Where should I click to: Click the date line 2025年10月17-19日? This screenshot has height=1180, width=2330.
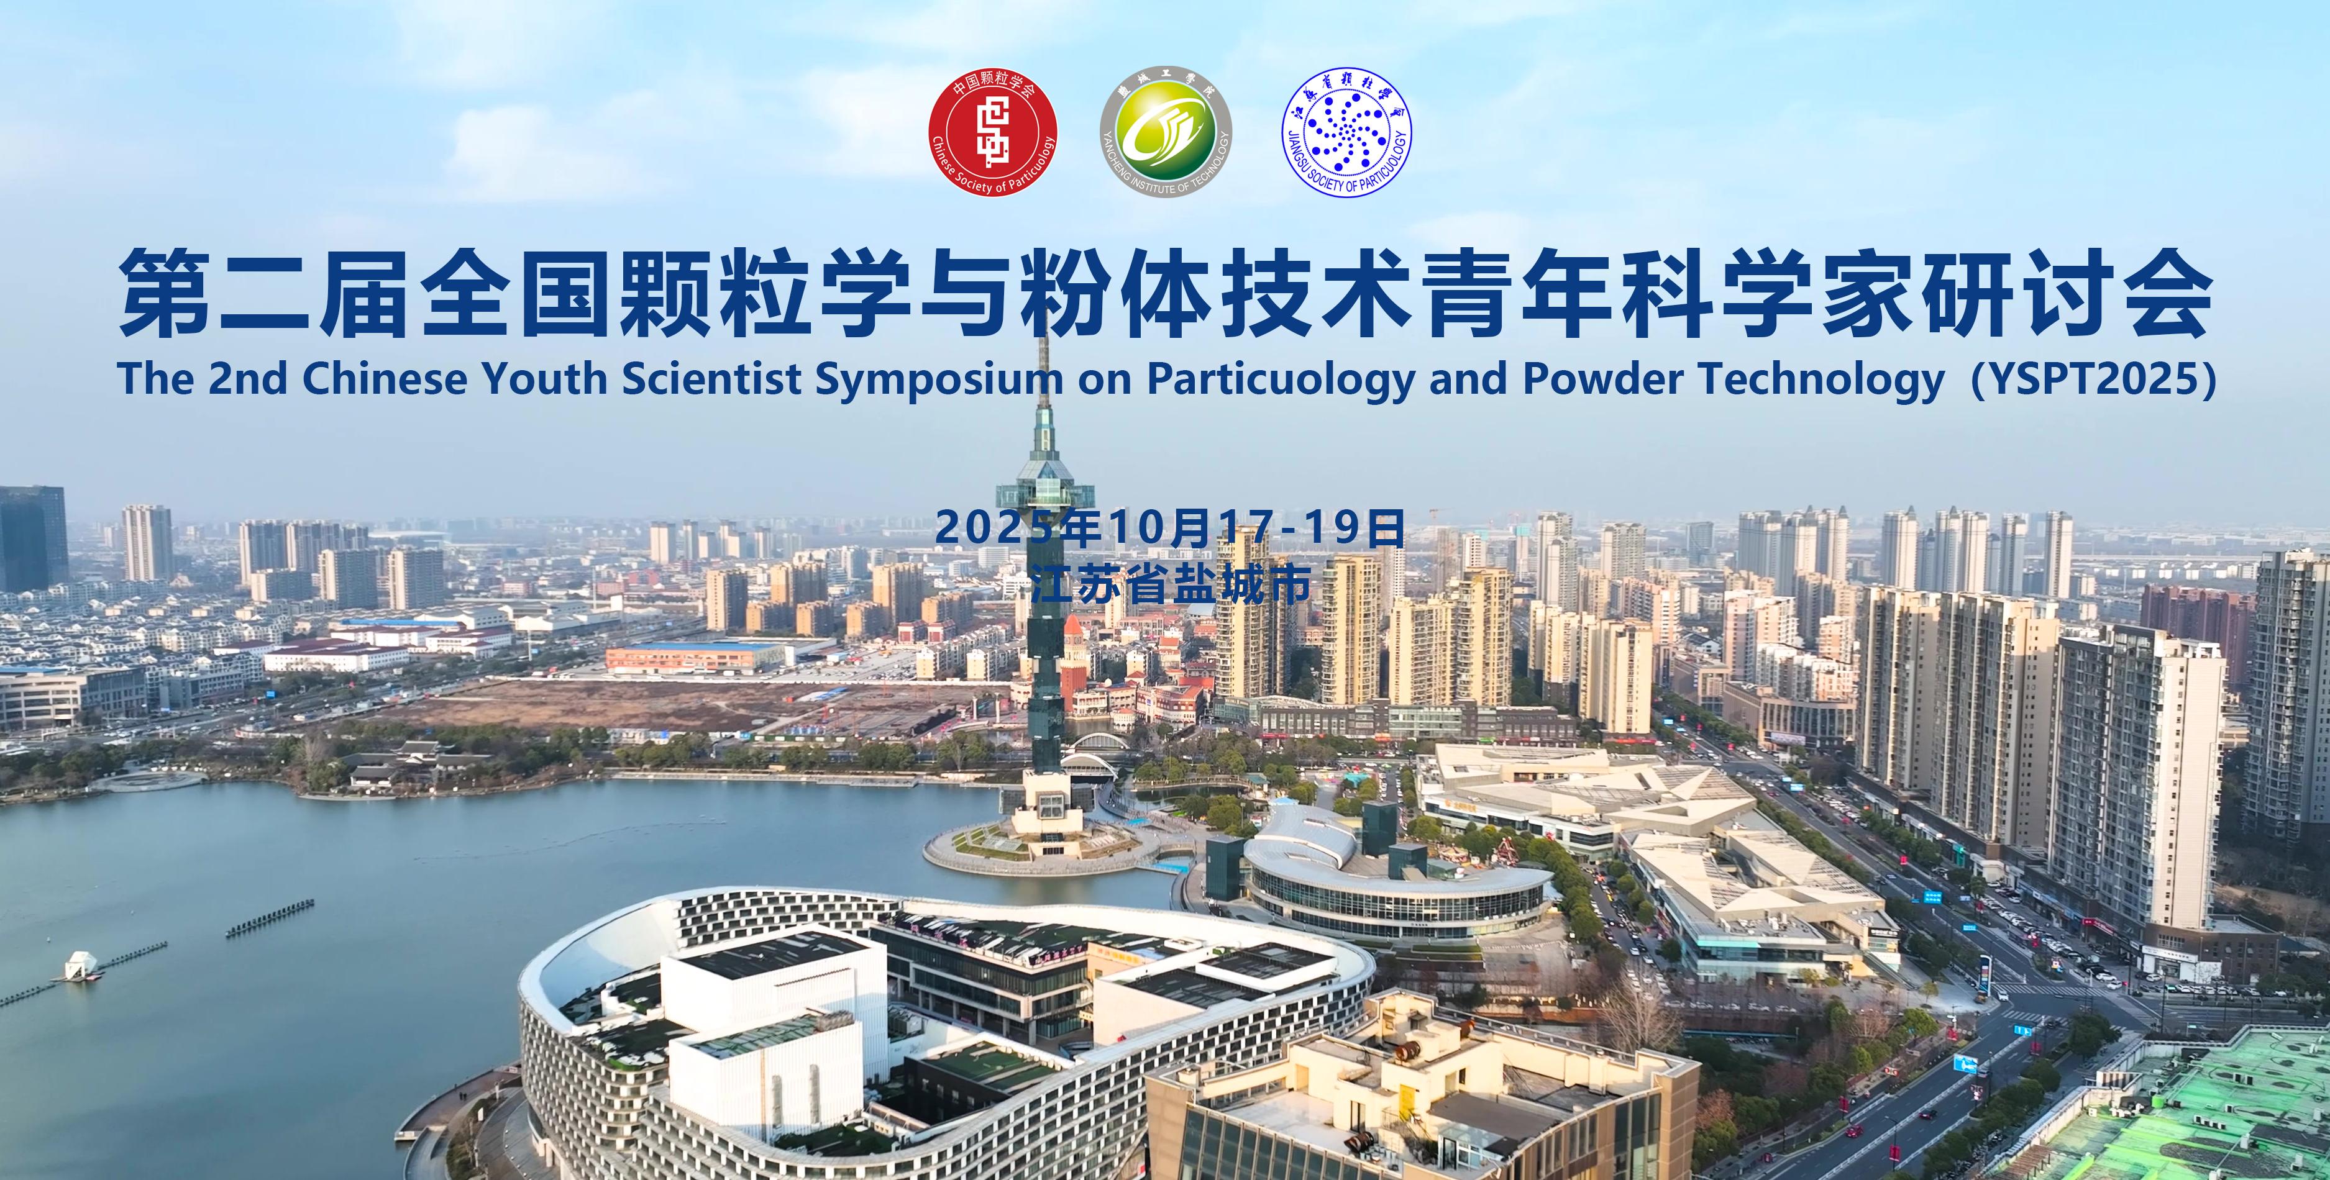[1169, 528]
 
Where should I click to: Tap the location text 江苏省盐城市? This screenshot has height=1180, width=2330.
[1171, 585]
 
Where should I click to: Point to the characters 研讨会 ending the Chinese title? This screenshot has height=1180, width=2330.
[2060, 296]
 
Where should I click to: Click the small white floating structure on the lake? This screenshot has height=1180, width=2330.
[80, 964]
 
